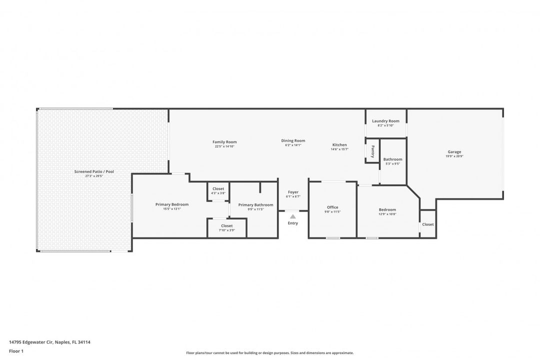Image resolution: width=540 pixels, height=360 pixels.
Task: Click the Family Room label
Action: (x=224, y=142)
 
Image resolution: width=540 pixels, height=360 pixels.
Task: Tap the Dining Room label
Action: (x=293, y=140)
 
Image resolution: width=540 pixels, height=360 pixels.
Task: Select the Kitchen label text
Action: (x=339, y=145)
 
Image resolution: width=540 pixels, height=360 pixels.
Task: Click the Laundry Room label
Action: (x=385, y=121)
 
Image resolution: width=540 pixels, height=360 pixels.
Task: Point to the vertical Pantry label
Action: (x=373, y=151)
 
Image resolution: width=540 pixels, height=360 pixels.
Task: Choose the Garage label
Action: (x=454, y=152)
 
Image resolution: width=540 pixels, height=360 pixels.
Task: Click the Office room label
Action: (x=332, y=207)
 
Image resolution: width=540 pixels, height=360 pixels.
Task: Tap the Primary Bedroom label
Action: (x=171, y=204)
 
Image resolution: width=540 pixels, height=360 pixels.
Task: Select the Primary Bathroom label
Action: (x=255, y=205)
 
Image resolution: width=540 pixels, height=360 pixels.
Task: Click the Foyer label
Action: (x=293, y=192)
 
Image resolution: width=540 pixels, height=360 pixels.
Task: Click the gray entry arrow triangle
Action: (x=293, y=216)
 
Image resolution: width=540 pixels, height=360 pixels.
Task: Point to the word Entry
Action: (x=293, y=223)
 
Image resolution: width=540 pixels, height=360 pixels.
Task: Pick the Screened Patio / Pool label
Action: (x=94, y=171)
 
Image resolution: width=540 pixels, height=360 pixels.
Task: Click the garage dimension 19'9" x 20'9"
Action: (x=454, y=156)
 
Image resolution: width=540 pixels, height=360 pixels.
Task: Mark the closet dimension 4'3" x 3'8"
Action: (x=218, y=193)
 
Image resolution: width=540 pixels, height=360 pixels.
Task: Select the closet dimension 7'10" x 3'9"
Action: (x=226, y=230)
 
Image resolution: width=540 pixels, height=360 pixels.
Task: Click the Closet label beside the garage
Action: (x=428, y=224)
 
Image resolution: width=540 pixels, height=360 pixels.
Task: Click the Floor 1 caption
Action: (x=16, y=351)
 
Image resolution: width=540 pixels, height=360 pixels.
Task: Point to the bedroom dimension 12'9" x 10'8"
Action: (x=387, y=214)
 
